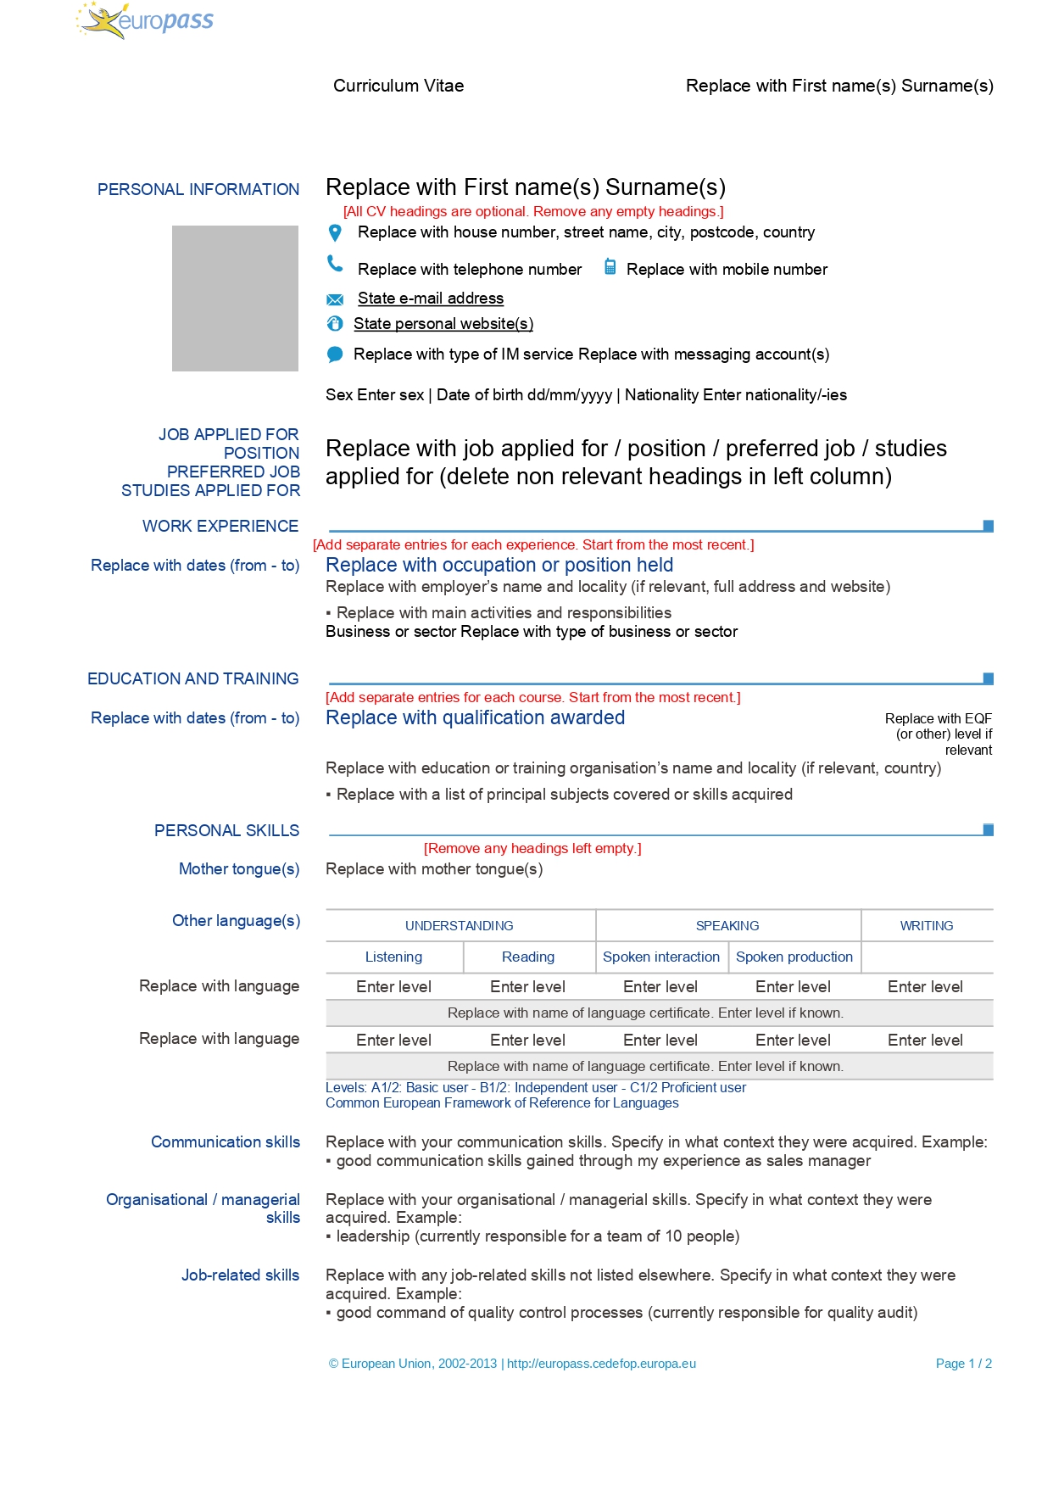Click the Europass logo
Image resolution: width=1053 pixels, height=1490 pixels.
[145, 20]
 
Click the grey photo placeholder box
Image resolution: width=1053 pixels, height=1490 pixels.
[235, 298]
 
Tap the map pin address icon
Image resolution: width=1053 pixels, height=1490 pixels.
[335, 232]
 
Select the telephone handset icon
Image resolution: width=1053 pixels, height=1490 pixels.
[335, 265]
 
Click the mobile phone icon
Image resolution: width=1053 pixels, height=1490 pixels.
[610, 267]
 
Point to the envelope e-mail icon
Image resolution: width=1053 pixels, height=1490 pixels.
[335, 299]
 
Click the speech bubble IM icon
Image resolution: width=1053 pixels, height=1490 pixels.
[335, 354]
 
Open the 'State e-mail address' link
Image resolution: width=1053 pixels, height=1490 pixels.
[430, 299]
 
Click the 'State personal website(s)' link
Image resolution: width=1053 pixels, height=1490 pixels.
[443, 324]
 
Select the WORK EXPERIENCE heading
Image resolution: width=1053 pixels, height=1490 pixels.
[220, 526]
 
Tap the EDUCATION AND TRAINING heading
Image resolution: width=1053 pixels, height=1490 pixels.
[193, 678]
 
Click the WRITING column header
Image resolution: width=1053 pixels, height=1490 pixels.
[926, 926]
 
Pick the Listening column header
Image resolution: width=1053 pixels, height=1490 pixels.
[393, 957]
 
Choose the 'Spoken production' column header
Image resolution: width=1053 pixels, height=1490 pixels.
[794, 957]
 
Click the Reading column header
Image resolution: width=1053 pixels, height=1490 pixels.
[527, 957]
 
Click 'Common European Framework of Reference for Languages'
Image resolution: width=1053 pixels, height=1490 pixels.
[502, 1103]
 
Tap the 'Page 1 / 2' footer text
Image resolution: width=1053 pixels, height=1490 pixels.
[963, 1364]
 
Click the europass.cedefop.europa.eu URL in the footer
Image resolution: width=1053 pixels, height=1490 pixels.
[601, 1364]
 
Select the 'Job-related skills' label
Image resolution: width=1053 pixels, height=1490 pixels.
[240, 1275]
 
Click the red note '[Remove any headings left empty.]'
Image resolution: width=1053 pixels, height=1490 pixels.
[532, 848]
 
